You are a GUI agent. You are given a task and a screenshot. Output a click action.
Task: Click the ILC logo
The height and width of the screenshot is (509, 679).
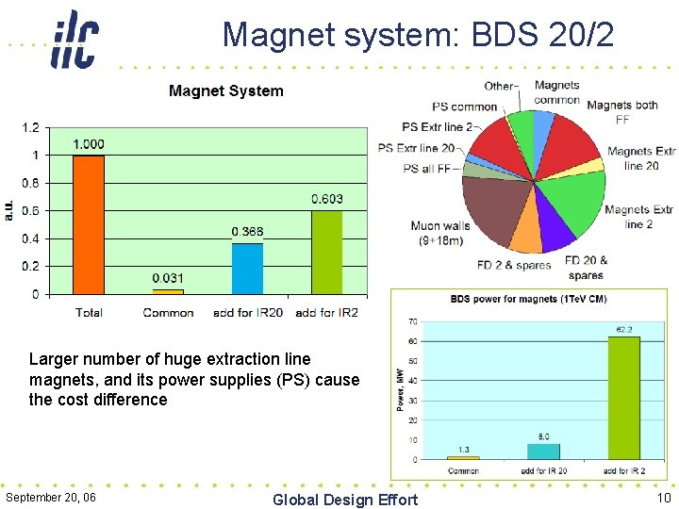[x=75, y=39]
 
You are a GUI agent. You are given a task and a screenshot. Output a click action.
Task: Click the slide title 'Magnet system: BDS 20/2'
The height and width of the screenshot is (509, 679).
[x=418, y=35]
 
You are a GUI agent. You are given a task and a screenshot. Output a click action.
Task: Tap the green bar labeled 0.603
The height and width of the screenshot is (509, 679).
[x=326, y=252]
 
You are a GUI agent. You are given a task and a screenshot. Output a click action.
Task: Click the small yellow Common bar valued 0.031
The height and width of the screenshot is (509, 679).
[x=168, y=291]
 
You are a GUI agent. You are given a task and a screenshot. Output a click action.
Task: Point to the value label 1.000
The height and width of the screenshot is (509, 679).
[x=89, y=144]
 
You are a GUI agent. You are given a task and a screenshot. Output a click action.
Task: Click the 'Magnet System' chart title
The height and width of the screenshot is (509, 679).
[x=225, y=90]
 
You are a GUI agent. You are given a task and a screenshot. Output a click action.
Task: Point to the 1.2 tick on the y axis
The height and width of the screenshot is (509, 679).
[x=31, y=127]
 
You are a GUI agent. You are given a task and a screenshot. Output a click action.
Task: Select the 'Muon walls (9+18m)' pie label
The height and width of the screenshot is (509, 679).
[x=440, y=233]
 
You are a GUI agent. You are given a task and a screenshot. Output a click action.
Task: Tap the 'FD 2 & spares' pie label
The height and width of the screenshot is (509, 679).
[x=513, y=265]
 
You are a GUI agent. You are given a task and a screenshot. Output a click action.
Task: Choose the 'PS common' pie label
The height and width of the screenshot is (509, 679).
[x=464, y=107]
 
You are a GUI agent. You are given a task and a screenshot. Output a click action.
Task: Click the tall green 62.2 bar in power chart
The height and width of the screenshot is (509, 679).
[x=623, y=398]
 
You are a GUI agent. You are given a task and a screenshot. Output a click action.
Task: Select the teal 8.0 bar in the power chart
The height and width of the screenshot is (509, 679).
[x=543, y=451]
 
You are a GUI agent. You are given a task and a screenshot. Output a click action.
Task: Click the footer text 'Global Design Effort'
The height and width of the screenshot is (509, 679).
[x=344, y=499]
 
